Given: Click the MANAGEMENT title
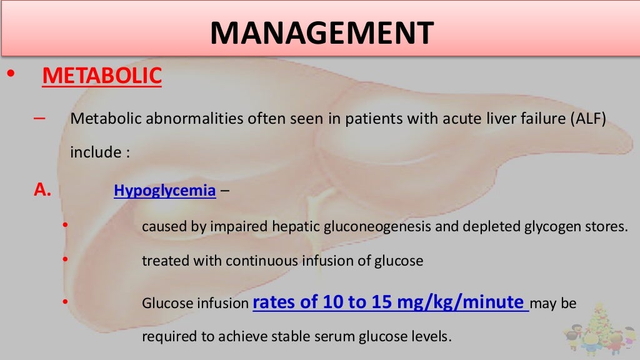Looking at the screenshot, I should pyautogui.click(x=322, y=32).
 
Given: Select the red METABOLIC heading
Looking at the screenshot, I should pyautogui.click(x=102, y=76).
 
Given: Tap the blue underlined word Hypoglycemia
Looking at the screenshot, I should pyautogui.click(x=164, y=191).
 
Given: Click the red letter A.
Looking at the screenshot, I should pyautogui.click(x=41, y=190).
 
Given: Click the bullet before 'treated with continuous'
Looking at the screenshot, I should pyautogui.click(x=64, y=257).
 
